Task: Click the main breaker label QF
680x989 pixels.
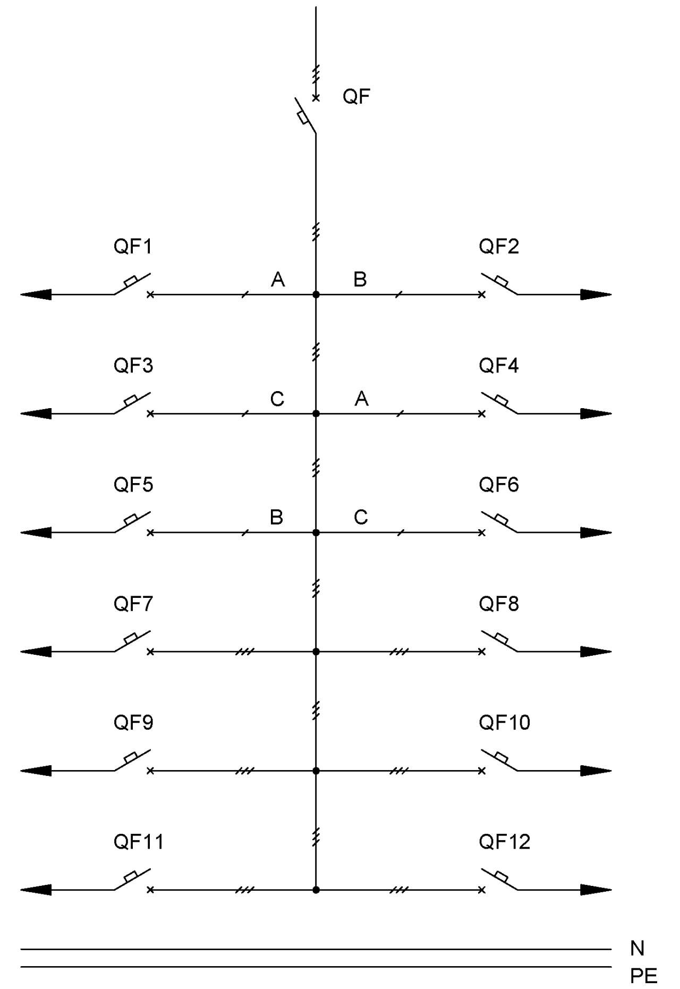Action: (356, 96)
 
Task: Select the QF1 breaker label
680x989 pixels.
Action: (133, 247)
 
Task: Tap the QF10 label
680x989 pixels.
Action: (504, 723)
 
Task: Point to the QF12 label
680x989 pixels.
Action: (504, 842)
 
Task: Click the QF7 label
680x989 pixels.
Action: (133, 604)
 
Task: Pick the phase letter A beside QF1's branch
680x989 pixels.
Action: (278, 279)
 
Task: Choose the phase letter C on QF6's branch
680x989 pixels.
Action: (361, 517)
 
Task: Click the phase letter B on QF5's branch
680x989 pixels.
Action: (276, 517)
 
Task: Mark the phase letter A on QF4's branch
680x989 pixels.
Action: (361, 398)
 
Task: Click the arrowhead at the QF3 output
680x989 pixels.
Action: (36, 413)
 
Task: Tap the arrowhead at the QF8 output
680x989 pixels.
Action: (596, 652)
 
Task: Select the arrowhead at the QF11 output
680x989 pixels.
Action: (36, 890)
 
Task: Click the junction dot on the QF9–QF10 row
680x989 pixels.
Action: (316, 771)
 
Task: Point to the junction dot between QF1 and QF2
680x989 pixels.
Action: (316, 294)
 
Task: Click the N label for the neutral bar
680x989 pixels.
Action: (637, 948)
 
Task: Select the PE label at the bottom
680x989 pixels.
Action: (643, 976)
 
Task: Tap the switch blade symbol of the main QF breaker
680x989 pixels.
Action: (305, 115)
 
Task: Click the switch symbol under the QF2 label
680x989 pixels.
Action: (499, 284)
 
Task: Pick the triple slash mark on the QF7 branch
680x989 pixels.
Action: (245, 652)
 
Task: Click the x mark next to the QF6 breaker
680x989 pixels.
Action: (482, 532)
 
